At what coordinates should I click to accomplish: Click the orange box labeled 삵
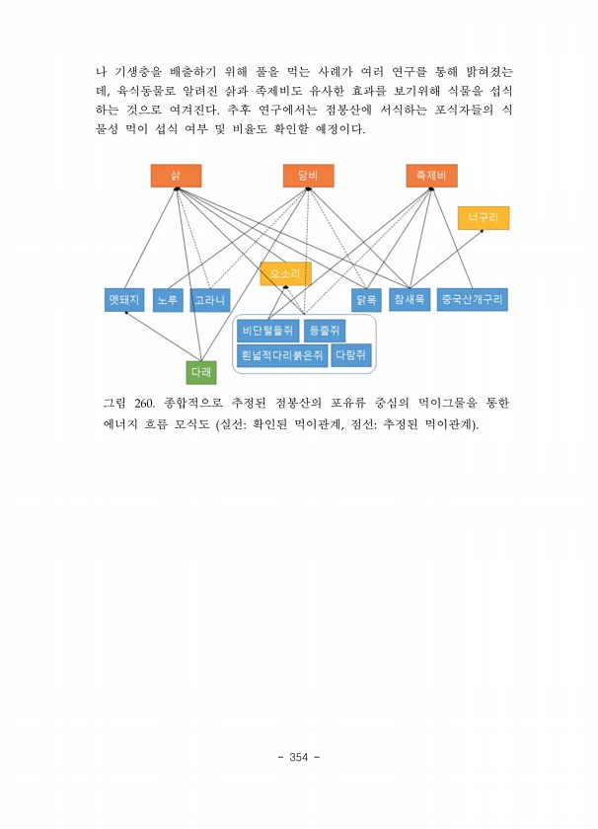tap(176, 176)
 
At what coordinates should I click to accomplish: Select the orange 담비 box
tap(308, 176)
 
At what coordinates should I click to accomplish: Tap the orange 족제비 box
tap(431, 176)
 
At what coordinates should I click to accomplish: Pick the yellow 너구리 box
tap(484, 218)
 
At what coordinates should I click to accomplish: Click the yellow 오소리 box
tap(285, 273)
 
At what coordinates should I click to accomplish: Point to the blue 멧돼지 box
tap(125, 299)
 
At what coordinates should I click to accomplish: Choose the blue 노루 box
tap(168, 300)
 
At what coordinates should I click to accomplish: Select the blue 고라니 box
tap(210, 300)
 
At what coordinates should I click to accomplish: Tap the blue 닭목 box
tap(366, 300)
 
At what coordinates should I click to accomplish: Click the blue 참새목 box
tap(410, 299)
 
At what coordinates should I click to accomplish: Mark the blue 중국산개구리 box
tap(473, 299)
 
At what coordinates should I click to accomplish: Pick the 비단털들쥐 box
tap(268, 332)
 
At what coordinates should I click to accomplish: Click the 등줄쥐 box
tap(324, 332)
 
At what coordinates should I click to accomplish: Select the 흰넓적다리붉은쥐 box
tap(282, 355)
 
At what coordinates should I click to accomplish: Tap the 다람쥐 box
tap(351, 355)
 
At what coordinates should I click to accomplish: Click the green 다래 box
tap(201, 373)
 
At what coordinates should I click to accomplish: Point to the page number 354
tap(299, 758)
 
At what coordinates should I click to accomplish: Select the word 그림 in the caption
tap(116, 404)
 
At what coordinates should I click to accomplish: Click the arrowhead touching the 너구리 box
tap(483, 231)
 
